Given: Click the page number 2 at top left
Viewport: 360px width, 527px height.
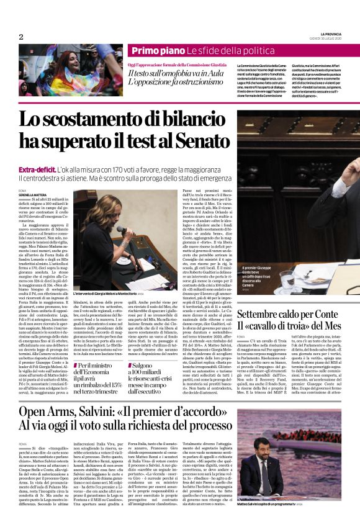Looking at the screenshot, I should [20, 36].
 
